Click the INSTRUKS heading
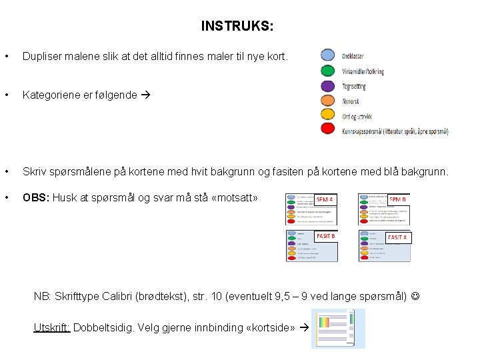point(237,27)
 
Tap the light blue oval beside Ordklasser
point(327,55)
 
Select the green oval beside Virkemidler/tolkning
point(327,71)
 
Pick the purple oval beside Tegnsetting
point(327,86)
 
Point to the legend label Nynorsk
point(351,102)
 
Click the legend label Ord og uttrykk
point(357,117)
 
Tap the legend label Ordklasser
point(353,56)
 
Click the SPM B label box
point(397,199)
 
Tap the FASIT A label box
point(397,237)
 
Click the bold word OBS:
point(36,197)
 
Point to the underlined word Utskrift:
point(52,327)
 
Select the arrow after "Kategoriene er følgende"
point(145,95)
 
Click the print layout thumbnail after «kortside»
point(339,329)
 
